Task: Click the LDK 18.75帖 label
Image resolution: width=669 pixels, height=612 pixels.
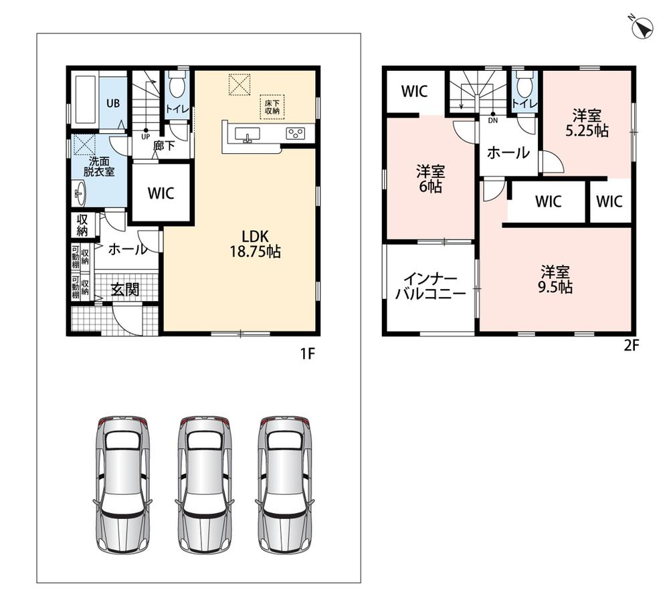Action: (256, 244)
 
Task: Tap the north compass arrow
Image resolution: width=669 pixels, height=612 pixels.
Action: (642, 27)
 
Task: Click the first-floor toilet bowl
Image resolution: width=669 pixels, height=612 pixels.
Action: (177, 86)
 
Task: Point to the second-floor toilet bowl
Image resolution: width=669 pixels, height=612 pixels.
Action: (524, 85)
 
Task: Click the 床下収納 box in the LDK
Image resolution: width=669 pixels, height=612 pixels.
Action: (272, 106)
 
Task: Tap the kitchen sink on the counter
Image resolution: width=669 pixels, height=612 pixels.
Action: (247, 134)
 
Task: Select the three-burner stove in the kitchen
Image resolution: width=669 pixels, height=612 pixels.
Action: (295, 134)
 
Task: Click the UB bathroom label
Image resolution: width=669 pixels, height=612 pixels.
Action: (113, 103)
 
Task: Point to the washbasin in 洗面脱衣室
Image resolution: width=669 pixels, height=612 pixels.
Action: (80, 193)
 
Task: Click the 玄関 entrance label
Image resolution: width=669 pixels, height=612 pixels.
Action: (125, 290)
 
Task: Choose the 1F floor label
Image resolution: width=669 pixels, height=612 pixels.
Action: (308, 354)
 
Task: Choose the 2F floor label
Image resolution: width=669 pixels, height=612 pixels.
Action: (632, 345)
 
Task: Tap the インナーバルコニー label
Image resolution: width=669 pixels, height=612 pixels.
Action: (430, 286)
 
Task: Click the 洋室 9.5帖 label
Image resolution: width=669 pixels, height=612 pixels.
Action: (555, 280)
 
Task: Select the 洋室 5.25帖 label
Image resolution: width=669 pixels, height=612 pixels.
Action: (587, 123)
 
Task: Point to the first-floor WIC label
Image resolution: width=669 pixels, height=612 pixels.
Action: (161, 193)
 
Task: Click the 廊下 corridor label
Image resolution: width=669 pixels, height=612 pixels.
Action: (164, 146)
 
